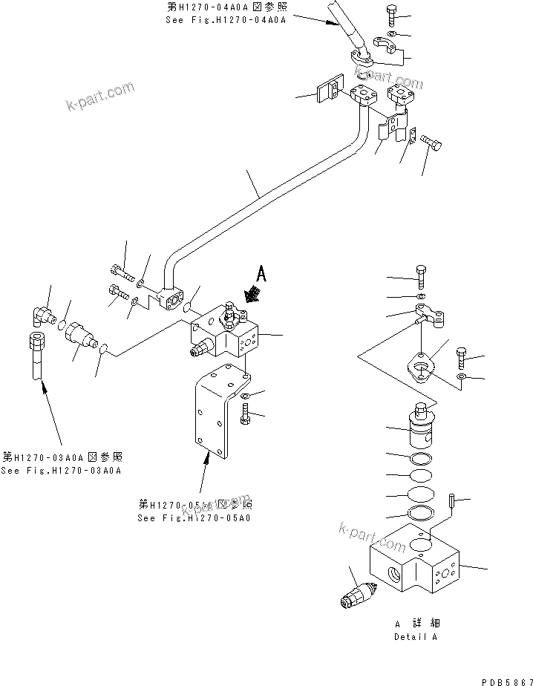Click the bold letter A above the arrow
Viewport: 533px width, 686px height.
tap(260, 273)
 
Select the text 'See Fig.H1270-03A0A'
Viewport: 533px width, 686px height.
tap(62, 471)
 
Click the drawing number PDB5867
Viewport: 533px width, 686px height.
tap(507, 681)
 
